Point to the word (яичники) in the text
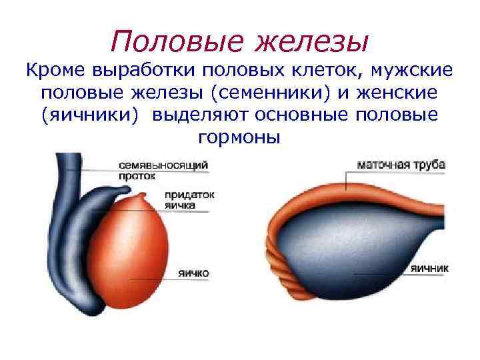pos(91,115)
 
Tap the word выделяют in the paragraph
pos(202,115)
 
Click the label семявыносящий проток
pos(163,170)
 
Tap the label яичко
pos(194,273)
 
